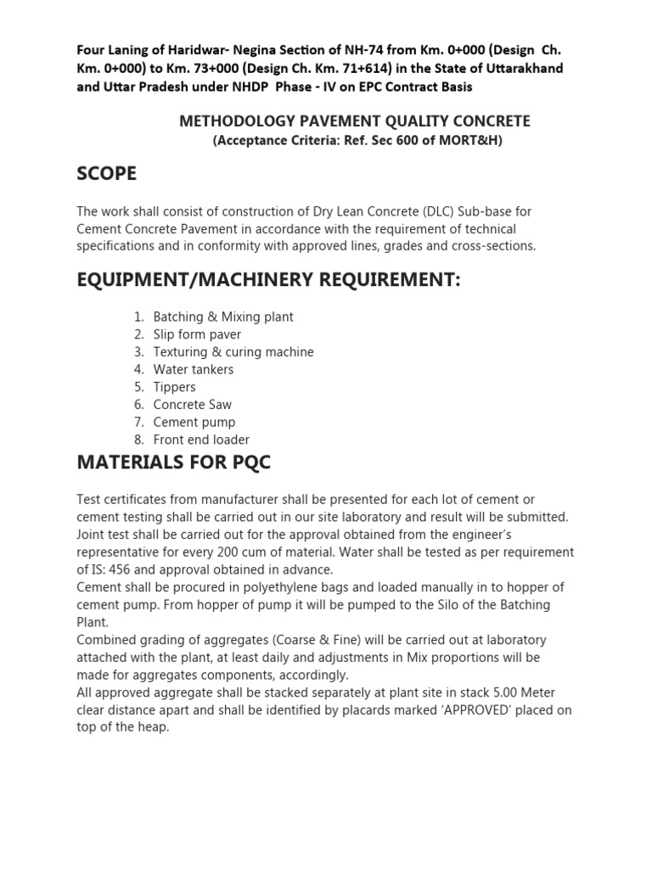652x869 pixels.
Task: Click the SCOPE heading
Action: (106, 174)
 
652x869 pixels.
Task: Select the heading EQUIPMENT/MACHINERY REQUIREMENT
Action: (268, 280)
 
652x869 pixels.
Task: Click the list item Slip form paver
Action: (197, 334)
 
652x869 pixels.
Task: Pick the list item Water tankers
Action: (193, 370)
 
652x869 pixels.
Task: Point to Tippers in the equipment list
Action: (174, 387)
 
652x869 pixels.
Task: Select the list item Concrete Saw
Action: (192, 405)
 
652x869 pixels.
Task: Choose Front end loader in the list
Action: (201, 440)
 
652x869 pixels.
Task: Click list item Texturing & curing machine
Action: (233, 352)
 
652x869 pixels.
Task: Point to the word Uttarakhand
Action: (520, 68)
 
